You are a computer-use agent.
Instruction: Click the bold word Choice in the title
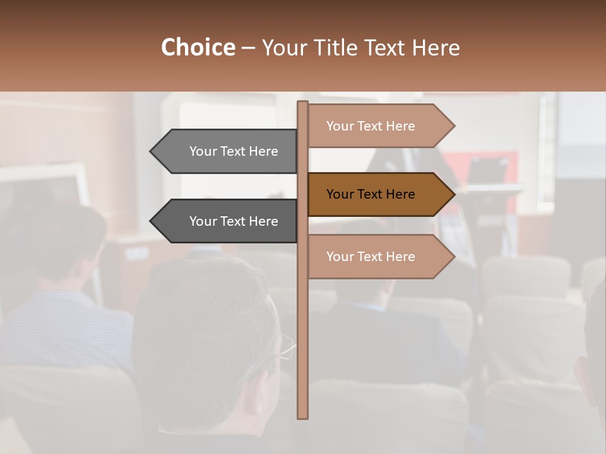(x=198, y=48)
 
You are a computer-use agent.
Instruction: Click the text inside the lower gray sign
(x=234, y=221)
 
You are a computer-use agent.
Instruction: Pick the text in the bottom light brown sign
(x=371, y=257)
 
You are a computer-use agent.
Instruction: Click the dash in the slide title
(x=248, y=48)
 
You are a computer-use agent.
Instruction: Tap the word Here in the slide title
(x=436, y=48)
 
